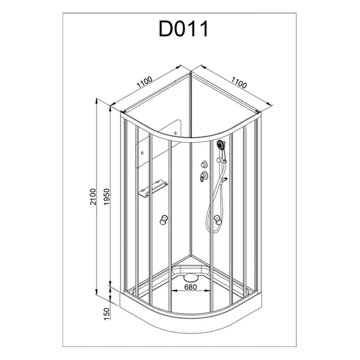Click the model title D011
tap(183, 28)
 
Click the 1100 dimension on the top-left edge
tap(145, 83)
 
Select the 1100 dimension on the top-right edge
tap(239, 83)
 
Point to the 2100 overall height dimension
tap(93, 196)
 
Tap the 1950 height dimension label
tap(107, 197)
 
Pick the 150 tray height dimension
tap(107, 314)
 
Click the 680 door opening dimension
tap(191, 287)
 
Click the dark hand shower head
tap(221, 145)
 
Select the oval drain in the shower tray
tap(191, 277)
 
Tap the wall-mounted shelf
tap(153, 189)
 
